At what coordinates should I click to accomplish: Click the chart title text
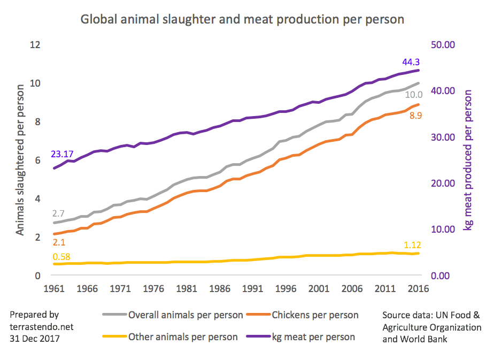(242, 20)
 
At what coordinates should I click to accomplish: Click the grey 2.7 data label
(58, 213)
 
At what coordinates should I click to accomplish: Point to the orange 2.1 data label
(58, 242)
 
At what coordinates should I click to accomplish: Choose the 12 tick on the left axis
(36, 45)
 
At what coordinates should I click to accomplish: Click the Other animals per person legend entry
(182, 337)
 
